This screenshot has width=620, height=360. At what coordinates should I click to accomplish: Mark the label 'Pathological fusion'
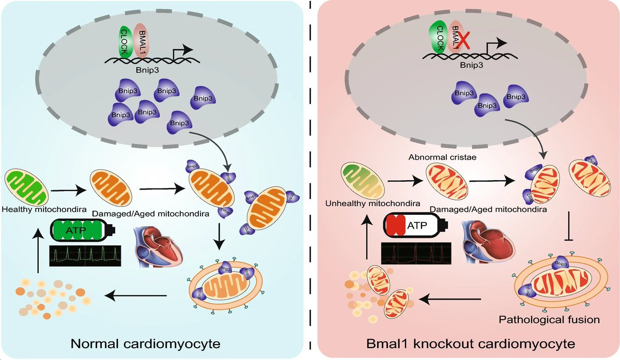click(549, 320)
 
